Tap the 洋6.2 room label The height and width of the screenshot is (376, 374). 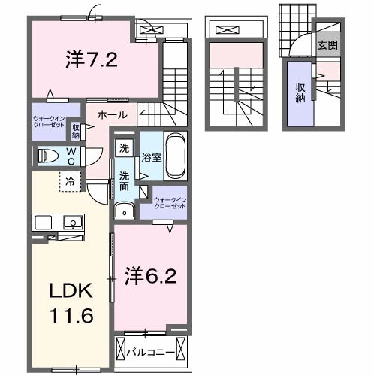point(150,275)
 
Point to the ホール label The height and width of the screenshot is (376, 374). point(111,115)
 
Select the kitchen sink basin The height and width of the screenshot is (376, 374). point(73,222)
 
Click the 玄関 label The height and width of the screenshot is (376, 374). point(327,45)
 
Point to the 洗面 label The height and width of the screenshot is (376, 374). point(125,181)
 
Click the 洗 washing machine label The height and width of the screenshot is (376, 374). point(124,148)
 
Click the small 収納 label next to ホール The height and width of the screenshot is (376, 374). point(76,130)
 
